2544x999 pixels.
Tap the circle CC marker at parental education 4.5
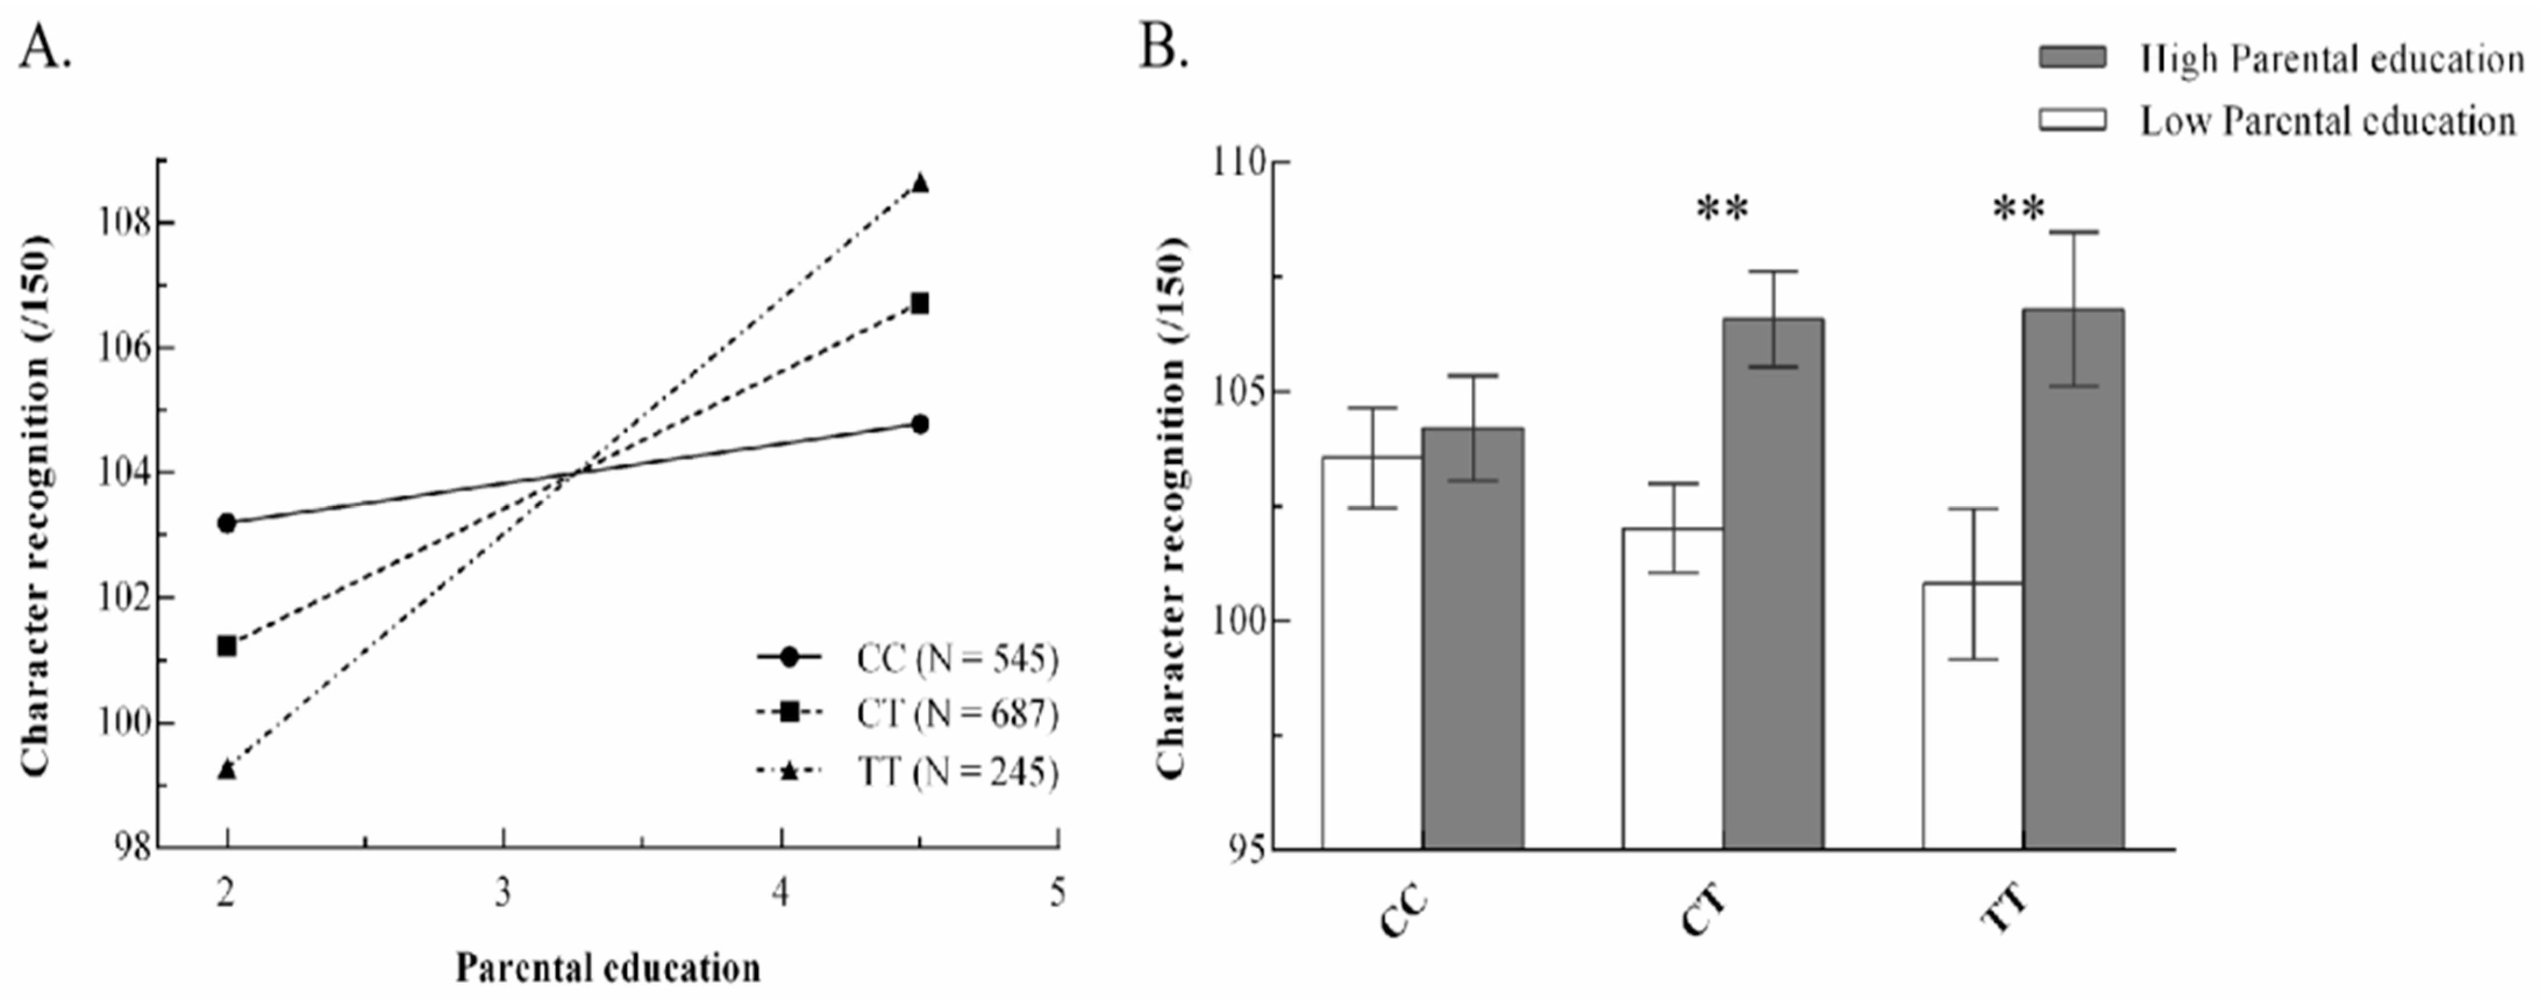[x=919, y=424]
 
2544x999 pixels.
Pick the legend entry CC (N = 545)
[x=956, y=658]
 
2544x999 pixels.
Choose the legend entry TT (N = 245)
[x=956, y=772]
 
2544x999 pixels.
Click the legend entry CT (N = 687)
[x=956, y=713]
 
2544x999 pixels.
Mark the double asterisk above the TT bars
[x=2018, y=209]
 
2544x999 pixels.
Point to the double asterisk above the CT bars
[x=1722, y=209]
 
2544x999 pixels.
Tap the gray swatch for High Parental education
[x=2072, y=58]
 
